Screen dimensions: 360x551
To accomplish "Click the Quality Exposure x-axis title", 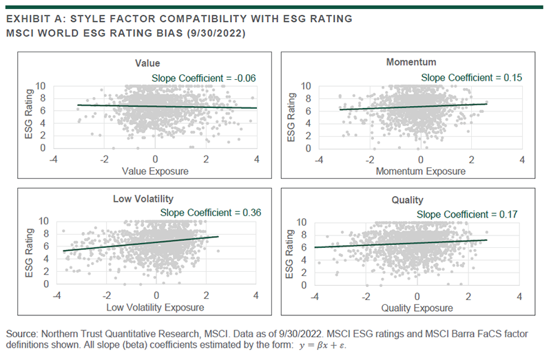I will point(417,307).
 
